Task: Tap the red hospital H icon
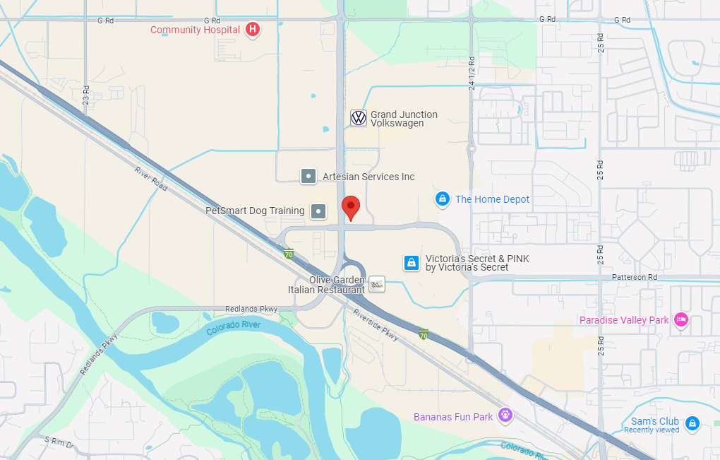[x=253, y=30]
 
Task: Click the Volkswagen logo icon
[x=359, y=118]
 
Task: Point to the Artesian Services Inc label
[x=368, y=177]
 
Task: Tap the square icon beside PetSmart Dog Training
[x=320, y=211]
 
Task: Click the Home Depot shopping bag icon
[x=442, y=199]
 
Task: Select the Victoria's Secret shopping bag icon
[x=411, y=263]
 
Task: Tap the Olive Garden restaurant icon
[x=377, y=284]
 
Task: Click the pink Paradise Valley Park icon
[x=680, y=320]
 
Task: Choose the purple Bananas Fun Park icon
[x=504, y=416]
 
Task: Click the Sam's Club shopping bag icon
[x=692, y=423]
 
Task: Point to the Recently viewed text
[x=652, y=430]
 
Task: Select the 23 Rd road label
[x=86, y=95]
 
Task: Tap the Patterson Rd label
[x=634, y=278]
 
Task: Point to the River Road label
[x=150, y=178]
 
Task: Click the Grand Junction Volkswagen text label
[x=404, y=119]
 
